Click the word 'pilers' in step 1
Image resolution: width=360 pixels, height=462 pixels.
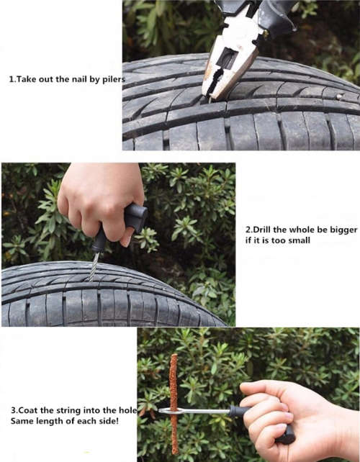click(112, 80)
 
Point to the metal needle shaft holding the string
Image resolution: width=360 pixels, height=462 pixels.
click(202, 411)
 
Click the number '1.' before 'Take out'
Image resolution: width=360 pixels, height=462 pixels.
click(12, 80)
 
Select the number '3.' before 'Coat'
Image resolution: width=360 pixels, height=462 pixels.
click(14, 415)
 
